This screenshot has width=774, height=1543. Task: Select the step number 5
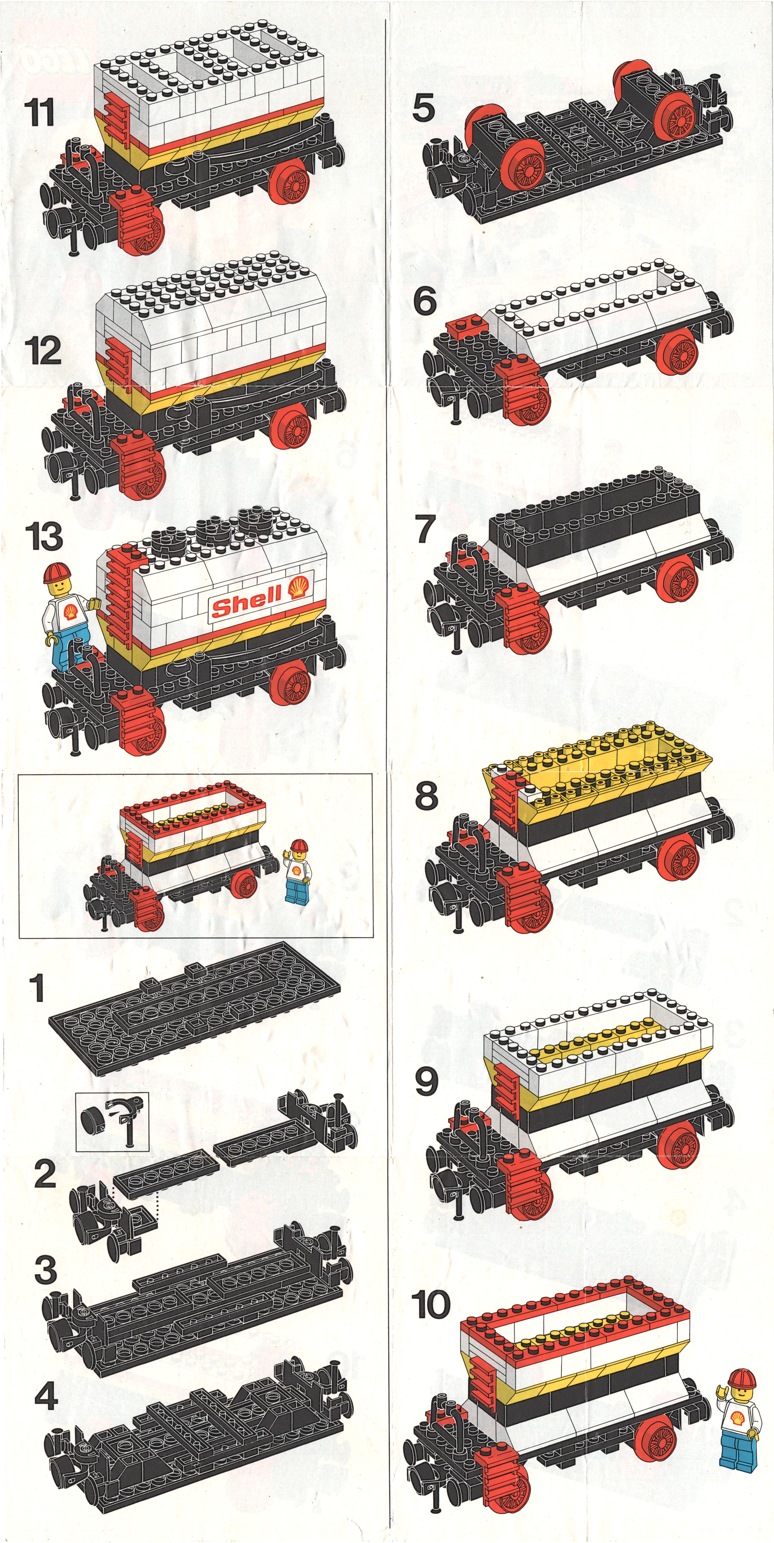[424, 108]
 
